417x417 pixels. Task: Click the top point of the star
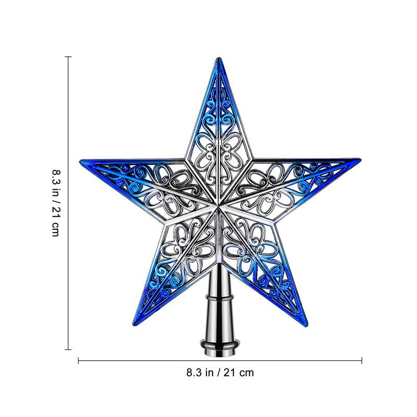[x=216, y=59]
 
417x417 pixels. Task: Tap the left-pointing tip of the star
[x=82, y=159]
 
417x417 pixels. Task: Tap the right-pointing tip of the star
[x=359, y=157]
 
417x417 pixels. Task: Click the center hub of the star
[x=216, y=207]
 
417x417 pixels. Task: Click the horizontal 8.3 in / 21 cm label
[x=220, y=372]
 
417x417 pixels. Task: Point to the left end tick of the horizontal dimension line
[x=79, y=360]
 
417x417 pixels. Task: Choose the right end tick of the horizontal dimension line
[x=362, y=360]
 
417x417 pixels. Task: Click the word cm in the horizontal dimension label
[x=247, y=372]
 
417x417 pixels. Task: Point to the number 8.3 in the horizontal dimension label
[x=194, y=372]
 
